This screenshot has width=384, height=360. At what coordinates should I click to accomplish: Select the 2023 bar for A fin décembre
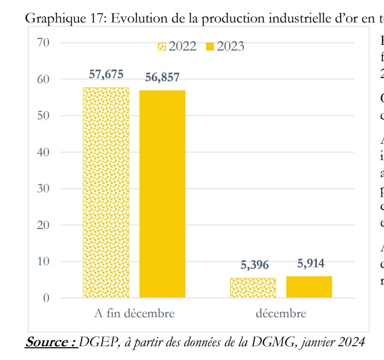point(162,194)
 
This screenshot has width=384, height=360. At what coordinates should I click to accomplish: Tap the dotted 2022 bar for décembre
point(253,288)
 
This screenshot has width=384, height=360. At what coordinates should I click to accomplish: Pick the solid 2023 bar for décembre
point(309,287)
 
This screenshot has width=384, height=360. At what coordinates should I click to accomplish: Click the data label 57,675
point(106,74)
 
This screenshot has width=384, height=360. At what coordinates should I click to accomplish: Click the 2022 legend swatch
point(161,47)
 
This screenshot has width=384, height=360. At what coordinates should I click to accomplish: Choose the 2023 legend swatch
point(209,47)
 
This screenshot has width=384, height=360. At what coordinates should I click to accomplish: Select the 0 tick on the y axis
point(45,298)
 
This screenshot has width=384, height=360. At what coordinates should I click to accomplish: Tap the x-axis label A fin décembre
point(134,313)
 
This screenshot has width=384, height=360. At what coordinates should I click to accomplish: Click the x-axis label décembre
point(281,313)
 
